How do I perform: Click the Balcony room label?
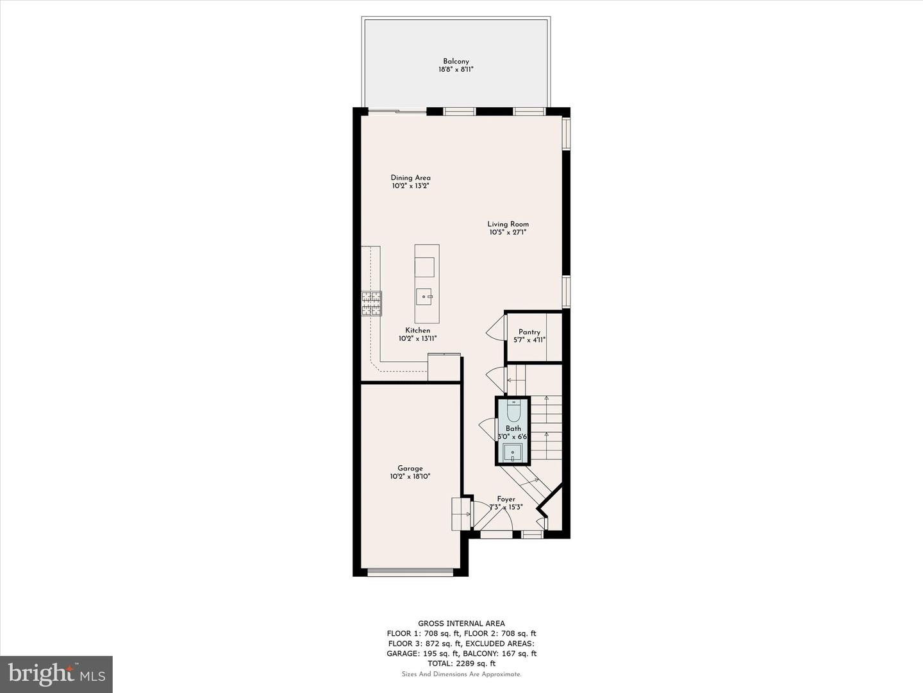pos(456,62)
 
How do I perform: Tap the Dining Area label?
pos(410,178)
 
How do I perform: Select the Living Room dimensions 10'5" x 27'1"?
pos(508,233)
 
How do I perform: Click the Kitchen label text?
pos(417,330)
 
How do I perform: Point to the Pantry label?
pos(529,332)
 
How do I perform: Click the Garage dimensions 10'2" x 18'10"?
pos(410,477)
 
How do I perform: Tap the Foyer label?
pos(506,499)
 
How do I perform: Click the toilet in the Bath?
pos(513,411)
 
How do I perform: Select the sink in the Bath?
pos(513,454)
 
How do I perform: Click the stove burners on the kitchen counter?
pos(371,304)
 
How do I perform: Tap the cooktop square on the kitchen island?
pos(424,266)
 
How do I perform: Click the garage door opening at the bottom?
pos(410,572)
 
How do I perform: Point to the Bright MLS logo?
pos(56,674)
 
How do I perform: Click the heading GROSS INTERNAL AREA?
pos(462,623)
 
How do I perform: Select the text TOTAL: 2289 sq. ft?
pos(462,663)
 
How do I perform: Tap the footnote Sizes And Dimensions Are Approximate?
pos(462,674)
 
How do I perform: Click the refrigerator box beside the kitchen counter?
pos(444,367)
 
